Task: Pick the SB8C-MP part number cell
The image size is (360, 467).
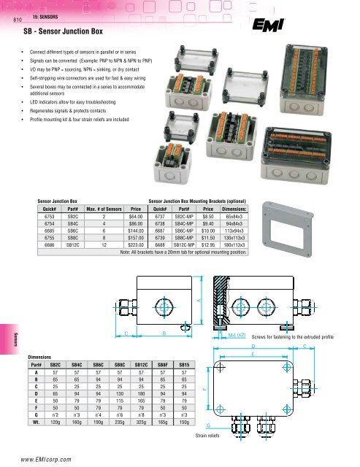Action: pos(188,238)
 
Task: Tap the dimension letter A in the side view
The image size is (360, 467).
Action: pos(198,301)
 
